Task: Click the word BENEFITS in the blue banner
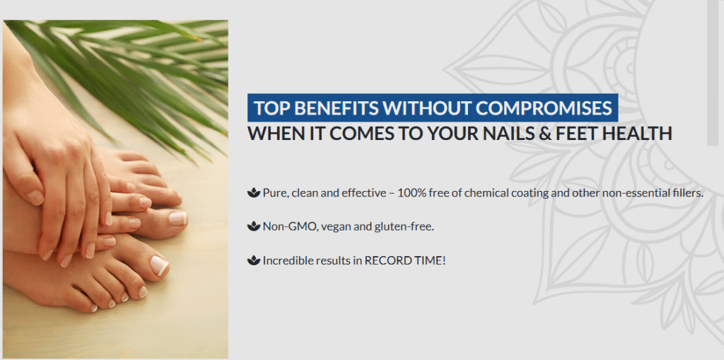point(336,108)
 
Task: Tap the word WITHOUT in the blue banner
point(427,108)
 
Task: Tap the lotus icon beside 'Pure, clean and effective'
point(254,192)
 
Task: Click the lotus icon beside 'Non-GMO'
point(254,226)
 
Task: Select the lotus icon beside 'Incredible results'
point(254,261)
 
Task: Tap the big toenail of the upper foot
point(177,218)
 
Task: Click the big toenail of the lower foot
point(160,265)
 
